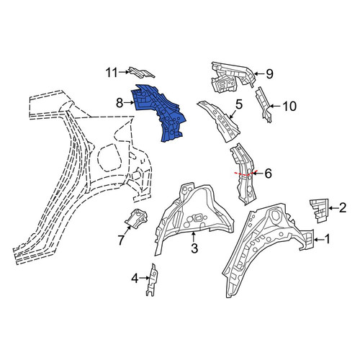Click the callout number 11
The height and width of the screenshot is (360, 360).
[x=112, y=73]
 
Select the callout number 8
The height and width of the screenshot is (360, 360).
[x=120, y=104]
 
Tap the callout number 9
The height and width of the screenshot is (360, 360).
[x=269, y=74]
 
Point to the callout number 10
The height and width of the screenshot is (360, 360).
[x=289, y=107]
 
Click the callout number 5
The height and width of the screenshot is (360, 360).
[x=239, y=104]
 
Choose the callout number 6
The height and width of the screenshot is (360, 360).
[x=268, y=174]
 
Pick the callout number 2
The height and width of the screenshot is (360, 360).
[x=343, y=207]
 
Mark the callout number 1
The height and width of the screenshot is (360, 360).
[x=327, y=239]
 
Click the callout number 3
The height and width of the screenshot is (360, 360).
[x=194, y=248]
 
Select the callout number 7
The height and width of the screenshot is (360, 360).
[x=121, y=240]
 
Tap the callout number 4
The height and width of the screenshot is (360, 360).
[x=135, y=279]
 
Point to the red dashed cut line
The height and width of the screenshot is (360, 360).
[x=246, y=174]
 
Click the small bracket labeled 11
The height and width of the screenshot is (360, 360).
[x=142, y=72]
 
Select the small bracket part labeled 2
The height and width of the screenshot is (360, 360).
[x=319, y=210]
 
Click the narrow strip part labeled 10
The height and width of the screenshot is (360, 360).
[x=264, y=105]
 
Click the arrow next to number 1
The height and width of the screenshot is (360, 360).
[x=319, y=239]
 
